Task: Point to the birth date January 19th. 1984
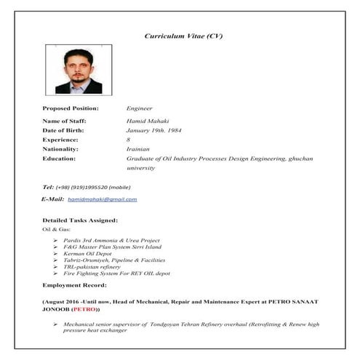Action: (x=159, y=129)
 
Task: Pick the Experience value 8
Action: (x=129, y=139)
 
